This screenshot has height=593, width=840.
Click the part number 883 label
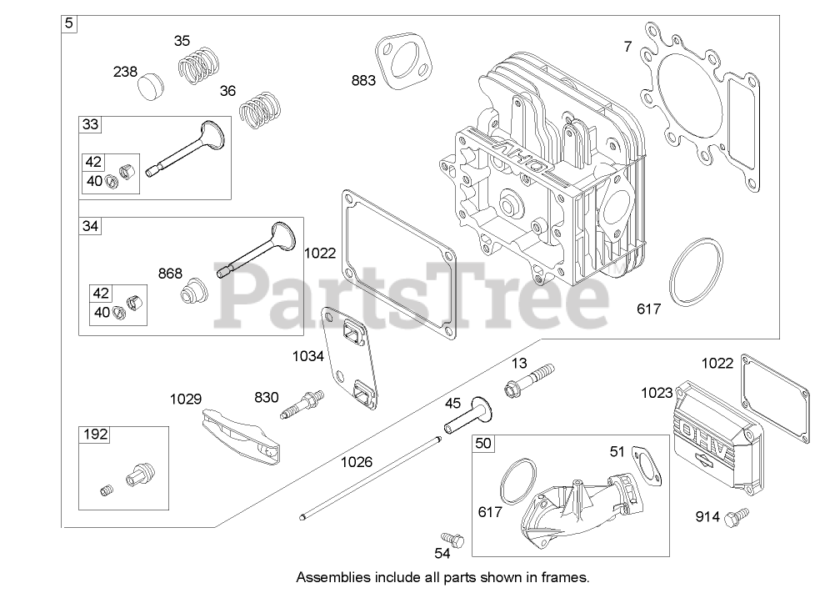pyautogui.click(x=363, y=80)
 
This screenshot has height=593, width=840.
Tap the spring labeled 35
pyautogui.click(x=201, y=64)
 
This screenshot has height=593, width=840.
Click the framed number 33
pyautogui.click(x=90, y=125)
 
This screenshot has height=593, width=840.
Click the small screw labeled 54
pyautogui.click(x=448, y=540)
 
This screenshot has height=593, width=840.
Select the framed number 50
pyautogui.click(x=482, y=443)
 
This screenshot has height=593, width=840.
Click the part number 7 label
pyautogui.click(x=627, y=47)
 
